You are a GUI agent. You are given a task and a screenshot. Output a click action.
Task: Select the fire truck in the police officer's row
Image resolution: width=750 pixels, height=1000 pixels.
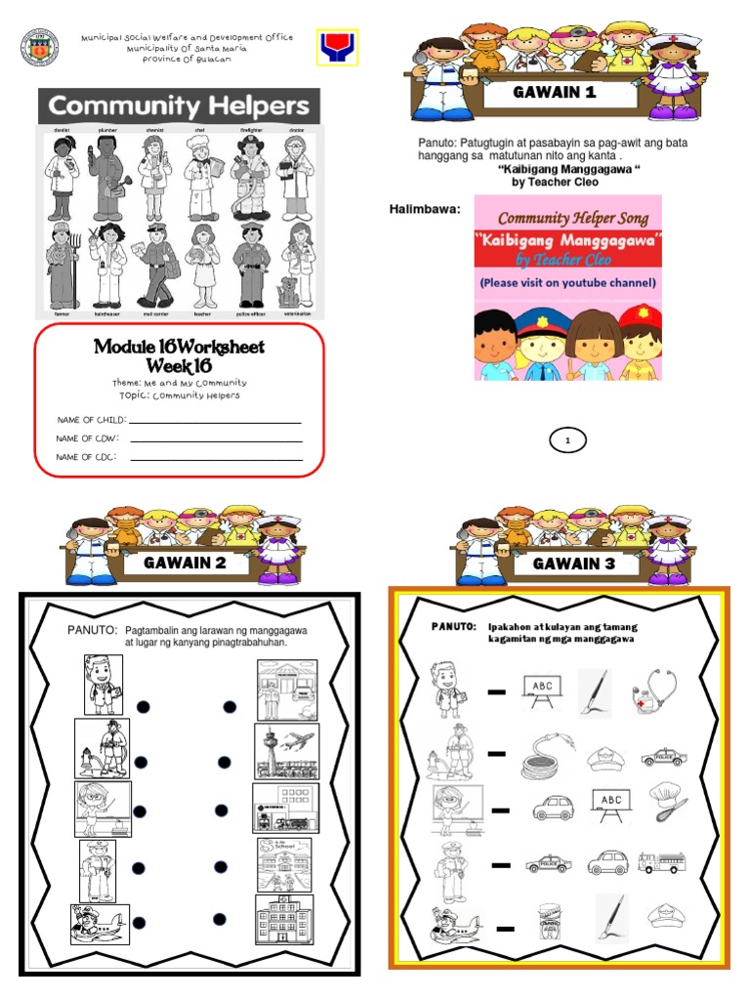pyautogui.click(x=661, y=862)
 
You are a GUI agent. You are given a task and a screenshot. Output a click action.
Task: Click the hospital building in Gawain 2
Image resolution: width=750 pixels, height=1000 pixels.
pyautogui.click(x=284, y=920)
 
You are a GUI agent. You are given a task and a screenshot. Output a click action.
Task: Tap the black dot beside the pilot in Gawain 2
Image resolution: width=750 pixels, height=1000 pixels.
pyautogui.click(x=140, y=922)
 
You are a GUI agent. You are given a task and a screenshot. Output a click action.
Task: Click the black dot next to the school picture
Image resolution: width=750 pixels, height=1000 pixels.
pyautogui.click(x=222, y=866)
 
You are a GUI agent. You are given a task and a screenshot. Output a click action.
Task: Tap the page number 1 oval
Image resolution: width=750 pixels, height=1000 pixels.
pyautogui.click(x=567, y=441)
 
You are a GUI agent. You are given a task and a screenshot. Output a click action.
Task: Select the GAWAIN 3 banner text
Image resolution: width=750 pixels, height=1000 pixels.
pyautogui.click(x=565, y=563)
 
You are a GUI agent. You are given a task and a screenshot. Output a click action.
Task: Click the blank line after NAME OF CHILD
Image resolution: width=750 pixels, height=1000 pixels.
pyautogui.click(x=215, y=422)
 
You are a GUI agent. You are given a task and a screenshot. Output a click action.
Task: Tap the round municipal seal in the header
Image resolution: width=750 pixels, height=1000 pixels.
pyautogui.click(x=40, y=48)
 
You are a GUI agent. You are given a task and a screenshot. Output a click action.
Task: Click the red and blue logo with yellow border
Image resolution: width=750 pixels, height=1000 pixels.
pyautogui.click(x=338, y=47)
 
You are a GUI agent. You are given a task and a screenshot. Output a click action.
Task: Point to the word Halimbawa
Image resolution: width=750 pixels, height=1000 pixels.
pyautogui.click(x=425, y=209)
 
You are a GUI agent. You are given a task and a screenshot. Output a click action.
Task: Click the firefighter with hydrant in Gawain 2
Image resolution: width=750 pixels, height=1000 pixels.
pyautogui.click(x=102, y=750)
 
